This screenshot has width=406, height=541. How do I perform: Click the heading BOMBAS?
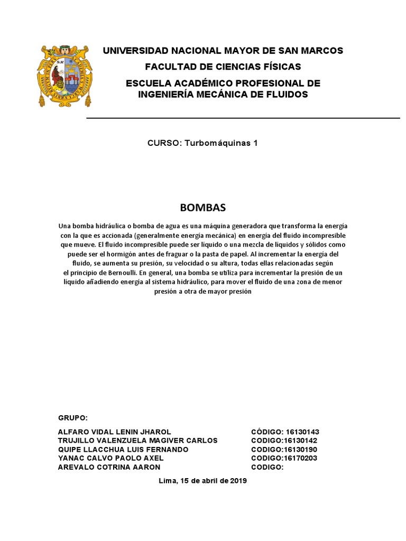(202, 207)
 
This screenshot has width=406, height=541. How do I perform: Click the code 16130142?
(300, 441)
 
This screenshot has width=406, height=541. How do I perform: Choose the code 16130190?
(300, 450)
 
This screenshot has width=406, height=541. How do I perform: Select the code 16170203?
(300, 458)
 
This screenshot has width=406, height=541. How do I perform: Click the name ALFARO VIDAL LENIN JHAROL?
(115, 432)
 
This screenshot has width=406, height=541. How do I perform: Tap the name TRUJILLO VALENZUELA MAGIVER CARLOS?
(137, 441)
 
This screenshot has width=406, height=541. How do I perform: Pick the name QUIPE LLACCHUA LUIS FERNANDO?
(123, 450)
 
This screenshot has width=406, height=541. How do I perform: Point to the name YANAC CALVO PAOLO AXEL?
(111, 458)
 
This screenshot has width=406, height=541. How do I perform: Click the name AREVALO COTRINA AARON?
(109, 467)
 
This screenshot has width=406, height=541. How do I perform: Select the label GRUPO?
(72, 417)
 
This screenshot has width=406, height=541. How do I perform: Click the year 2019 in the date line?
(238, 481)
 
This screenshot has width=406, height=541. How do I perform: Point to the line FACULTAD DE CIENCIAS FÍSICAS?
(223, 67)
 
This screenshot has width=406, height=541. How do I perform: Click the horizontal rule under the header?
(243, 118)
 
